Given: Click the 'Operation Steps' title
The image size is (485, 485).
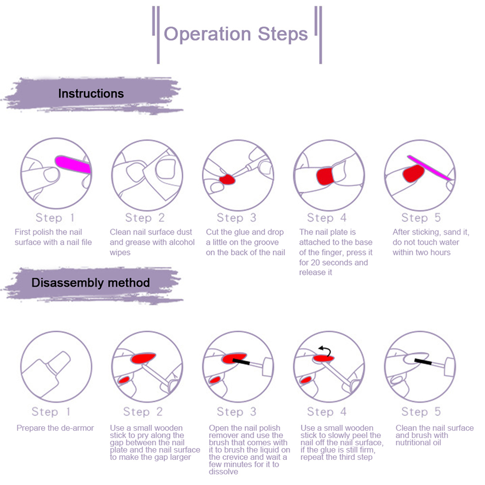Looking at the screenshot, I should click(236, 34).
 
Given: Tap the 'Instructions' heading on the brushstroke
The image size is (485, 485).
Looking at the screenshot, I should click(91, 94).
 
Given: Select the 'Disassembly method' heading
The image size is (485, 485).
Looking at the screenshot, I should click(91, 282).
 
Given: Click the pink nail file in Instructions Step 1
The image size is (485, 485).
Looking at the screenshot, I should click(73, 165).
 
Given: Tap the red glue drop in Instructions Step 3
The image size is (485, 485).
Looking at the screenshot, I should click(227, 179).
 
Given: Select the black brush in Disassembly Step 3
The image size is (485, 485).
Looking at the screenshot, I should click(241, 361).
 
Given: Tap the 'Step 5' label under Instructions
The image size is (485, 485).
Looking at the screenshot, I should click(421, 218).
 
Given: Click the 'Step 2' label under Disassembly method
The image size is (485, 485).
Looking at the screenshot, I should click(143, 412).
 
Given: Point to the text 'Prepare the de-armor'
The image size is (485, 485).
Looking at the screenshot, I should click(55, 428).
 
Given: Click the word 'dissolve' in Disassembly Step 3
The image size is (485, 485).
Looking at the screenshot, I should click(224, 471).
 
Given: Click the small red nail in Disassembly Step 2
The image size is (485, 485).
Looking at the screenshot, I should click(125, 379).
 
